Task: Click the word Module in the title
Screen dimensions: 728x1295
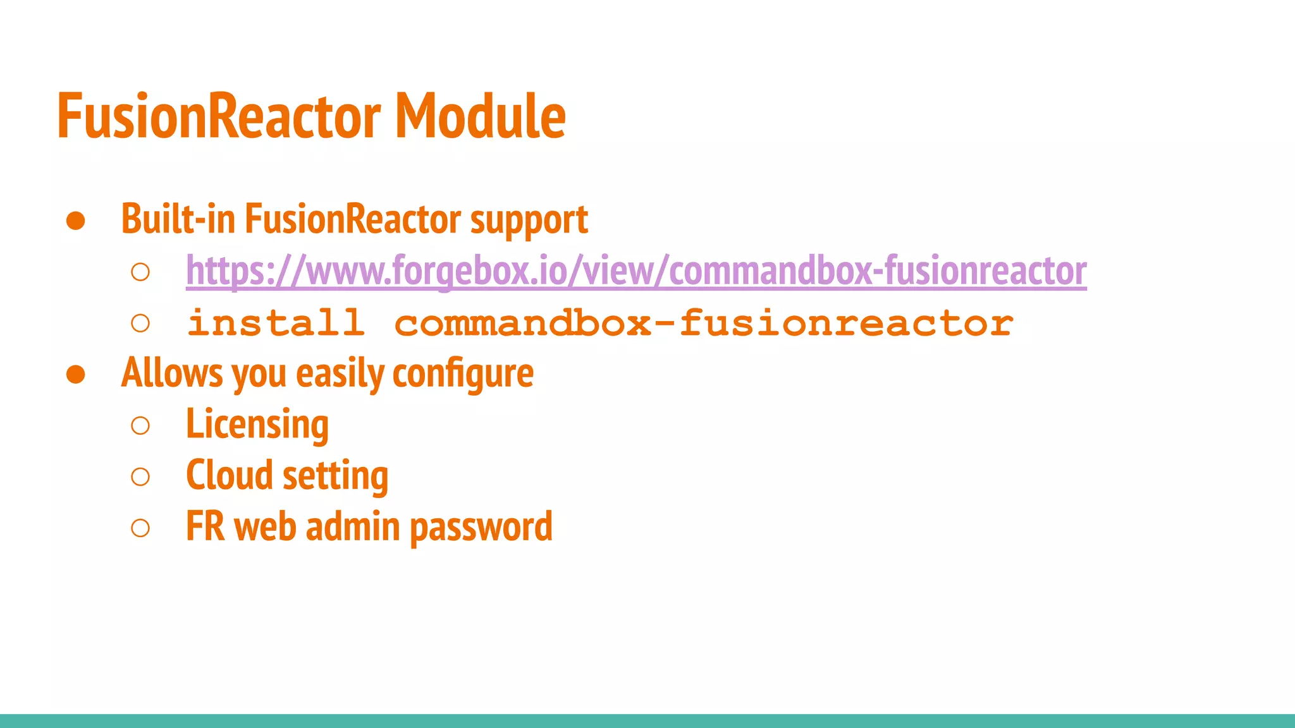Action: pyautogui.click(x=480, y=116)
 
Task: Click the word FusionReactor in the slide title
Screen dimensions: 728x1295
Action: pyautogui.click(x=219, y=116)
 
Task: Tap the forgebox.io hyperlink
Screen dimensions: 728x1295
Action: pyautogui.click(x=636, y=271)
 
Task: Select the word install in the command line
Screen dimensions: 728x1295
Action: pyautogui.click(x=276, y=323)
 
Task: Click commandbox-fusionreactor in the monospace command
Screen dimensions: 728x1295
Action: pyautogui.click(x=704, y=323)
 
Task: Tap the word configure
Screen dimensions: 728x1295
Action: pyautogui.click(x=463, y=374)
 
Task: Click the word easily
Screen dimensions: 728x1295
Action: pyautogui.click(x=340, y=374)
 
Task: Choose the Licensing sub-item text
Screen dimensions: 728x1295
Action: pyautogui.click(x=257, y=425)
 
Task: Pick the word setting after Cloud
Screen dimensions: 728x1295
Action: pyautogui.click(x=335, y=476)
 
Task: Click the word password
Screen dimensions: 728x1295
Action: pyautogui.click(x=481, y=528)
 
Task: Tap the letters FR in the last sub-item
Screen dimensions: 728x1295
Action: pyautogui.click(x=206, y=526)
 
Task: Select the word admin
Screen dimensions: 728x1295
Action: pyautogui.click(x=353, y=526)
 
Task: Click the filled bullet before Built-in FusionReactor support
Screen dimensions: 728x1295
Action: pyautogui.click(x=76, y=221)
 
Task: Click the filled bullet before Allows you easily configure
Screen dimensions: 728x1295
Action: pyautogui.click(x=76, y=374)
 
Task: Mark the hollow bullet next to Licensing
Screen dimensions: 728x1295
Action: pyautogui.click(x=140, y=425)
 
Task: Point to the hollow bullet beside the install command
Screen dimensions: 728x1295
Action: pyautogui.click(x=140, y=324)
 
